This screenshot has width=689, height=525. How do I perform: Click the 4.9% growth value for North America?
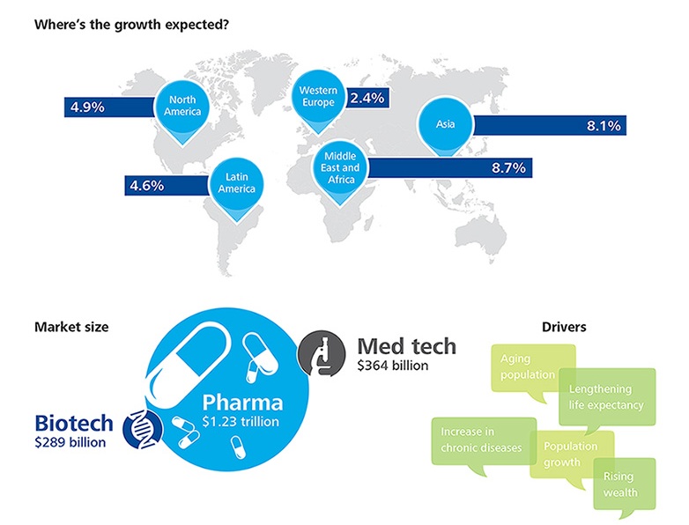click(88, 107)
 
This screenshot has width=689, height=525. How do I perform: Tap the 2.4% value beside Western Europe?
click(367, 98)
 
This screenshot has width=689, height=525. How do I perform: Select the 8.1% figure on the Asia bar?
click(604, 126)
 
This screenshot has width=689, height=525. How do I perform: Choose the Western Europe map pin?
click(317, 96)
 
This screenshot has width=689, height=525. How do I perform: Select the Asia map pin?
click(445, 125)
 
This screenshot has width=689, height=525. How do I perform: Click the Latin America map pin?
click(237, 183)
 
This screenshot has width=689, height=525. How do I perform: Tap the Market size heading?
click(71, 327)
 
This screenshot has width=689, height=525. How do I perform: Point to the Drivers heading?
click(565, 327)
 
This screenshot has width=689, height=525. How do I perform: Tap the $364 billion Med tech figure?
click(393, 365)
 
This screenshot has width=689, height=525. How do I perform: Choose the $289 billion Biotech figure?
click(70, 441)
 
